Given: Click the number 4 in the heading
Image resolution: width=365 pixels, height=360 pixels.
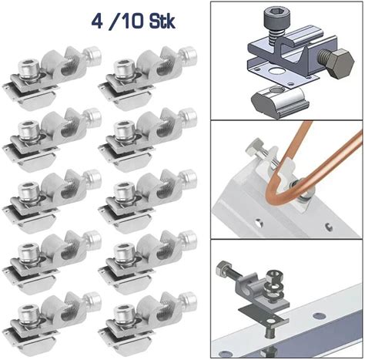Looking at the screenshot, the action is (x=97, y=21).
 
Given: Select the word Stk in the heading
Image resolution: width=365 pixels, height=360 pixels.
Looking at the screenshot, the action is (x=162, y=21).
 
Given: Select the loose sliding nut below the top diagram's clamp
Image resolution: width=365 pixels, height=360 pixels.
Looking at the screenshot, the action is (x=279, y=101).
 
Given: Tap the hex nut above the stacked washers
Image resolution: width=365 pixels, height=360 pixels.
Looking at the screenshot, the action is (x=273, y=277).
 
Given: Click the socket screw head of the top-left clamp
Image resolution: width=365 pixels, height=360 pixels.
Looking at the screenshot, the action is (x=28, y=68).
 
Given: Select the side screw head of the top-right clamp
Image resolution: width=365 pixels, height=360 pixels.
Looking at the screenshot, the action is (x=189, y=55).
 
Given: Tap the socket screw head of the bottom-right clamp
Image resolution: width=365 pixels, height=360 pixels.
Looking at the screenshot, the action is (x=125, y=314).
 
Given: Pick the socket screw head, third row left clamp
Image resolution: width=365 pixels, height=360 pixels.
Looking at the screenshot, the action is (x=28, y=191).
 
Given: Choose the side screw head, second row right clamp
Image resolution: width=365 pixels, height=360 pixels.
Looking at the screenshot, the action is (x=189, y=116).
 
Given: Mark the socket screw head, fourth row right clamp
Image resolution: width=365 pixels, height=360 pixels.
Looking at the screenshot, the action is (x=125, y=252).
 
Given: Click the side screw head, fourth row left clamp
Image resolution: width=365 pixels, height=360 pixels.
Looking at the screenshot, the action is (x=93, y=239).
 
